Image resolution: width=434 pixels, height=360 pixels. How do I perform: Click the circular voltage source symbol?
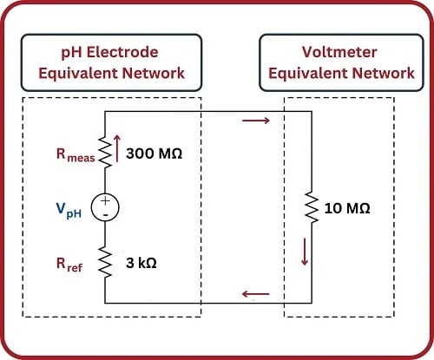pyautogui.click(x=104, y=206)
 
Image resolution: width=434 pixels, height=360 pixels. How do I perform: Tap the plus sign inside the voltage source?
pyautogui.click(x=104, y=200)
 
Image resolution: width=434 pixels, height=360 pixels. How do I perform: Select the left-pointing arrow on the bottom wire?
pyautogui.click(x=259, y=293)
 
